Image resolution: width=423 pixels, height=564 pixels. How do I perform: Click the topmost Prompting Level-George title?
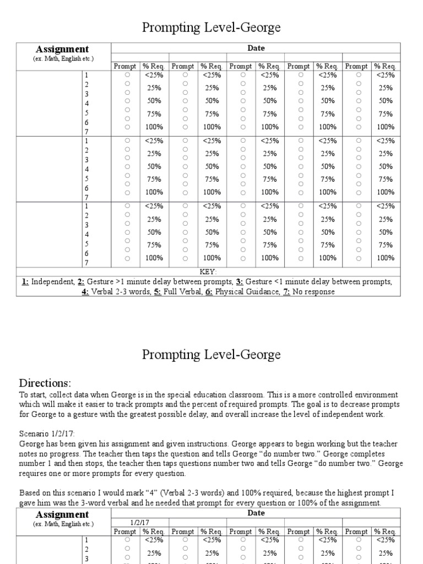coord(211,28)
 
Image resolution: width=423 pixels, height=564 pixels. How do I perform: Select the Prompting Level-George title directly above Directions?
coord(211,354)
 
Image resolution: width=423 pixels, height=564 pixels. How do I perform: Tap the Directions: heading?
coord(45,383)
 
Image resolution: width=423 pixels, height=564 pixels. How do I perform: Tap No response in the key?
coord(313,291)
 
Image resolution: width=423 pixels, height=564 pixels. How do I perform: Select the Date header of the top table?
coord(256,48)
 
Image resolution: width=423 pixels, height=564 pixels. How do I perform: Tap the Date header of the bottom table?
coord(256,513)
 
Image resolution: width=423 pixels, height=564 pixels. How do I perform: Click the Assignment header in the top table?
coord(62,50)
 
